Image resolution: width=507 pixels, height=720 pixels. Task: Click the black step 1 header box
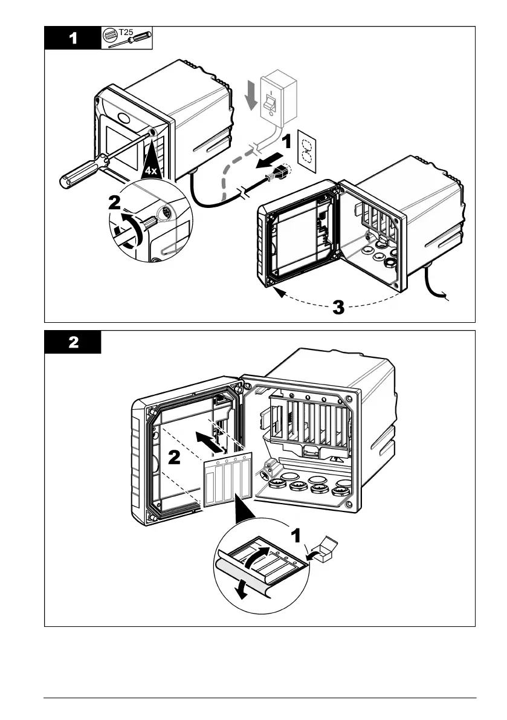73,38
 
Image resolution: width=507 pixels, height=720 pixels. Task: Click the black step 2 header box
73,342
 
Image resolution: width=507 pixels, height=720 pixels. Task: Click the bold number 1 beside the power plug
286,143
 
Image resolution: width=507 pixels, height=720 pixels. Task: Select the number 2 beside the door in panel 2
173,458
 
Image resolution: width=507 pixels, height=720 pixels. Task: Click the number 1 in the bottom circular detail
296,535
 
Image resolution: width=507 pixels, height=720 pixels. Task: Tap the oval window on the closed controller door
123,117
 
